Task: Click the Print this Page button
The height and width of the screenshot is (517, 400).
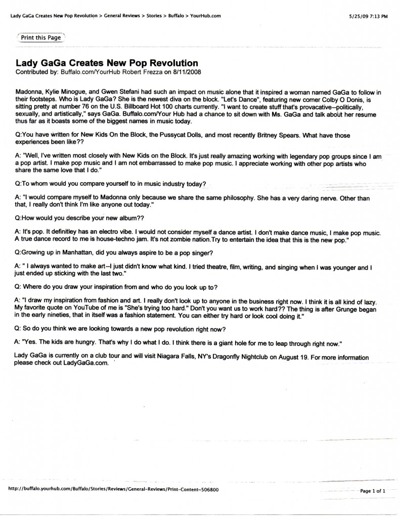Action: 41,37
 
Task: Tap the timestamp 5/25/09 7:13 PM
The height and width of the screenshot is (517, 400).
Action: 368,16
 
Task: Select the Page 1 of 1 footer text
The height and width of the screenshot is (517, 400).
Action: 373,490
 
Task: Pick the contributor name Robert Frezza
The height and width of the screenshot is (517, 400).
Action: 117,72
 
